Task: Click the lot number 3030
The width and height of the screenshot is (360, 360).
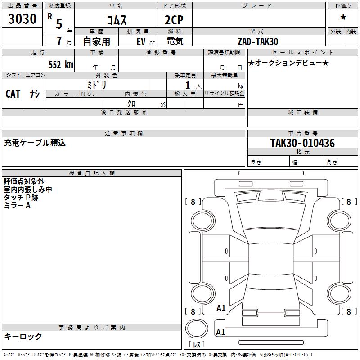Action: tap(22, 18)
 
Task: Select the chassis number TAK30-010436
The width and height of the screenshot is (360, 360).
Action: tap(302, 143)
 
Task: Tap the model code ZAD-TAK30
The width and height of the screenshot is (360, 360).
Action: tap(258, 41)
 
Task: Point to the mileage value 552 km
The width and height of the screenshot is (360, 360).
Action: tap(61, 64)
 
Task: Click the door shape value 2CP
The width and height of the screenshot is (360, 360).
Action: tap(174, 20)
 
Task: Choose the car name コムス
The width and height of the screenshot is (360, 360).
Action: tap(117, 20)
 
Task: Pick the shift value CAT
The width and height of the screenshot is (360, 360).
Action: tap(13, 94)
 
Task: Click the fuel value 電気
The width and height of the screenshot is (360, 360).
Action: tap(175, 41)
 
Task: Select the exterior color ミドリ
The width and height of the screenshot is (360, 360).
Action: tap(97, 85)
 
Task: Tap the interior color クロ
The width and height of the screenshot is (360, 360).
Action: tap(131, 103)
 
